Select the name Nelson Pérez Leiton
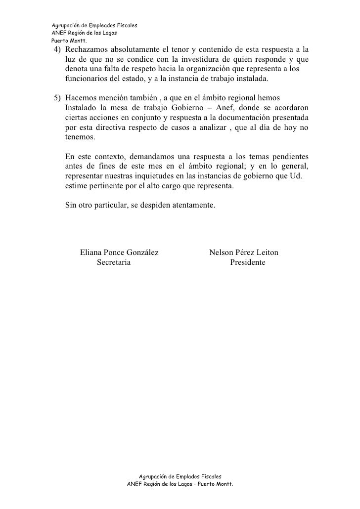(244, 253)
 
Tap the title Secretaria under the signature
(114, 262)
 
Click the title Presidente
(247, 262)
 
